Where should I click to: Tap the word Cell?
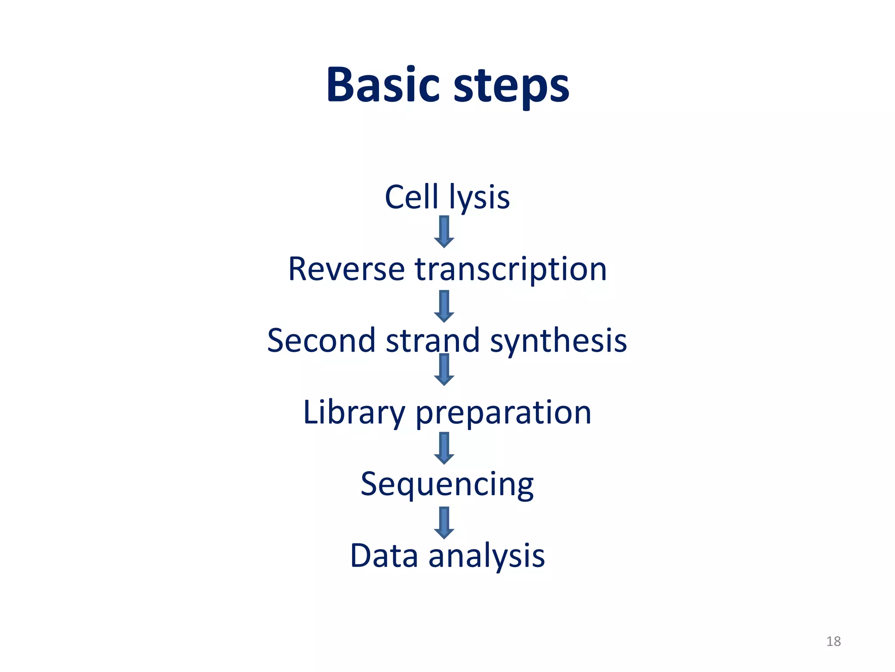[411, 197]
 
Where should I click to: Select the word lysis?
[479, 198]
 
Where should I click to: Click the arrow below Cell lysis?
[444, 232]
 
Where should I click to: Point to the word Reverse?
[346, 269]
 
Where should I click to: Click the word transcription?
[511, 270]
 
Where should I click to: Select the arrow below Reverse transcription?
[444, 306]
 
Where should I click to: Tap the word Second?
[321, 340]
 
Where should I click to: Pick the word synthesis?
[559, 341]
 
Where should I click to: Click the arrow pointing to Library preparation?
[444, 370]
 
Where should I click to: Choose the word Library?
[354, 413]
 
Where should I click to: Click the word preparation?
[503, 413]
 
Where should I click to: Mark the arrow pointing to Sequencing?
[444, 448]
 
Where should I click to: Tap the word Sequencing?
[447, 485]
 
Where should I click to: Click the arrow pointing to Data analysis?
[444, 522]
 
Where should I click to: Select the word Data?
[384, 556]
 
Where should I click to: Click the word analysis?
[486, 556]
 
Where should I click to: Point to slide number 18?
[833, 641]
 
